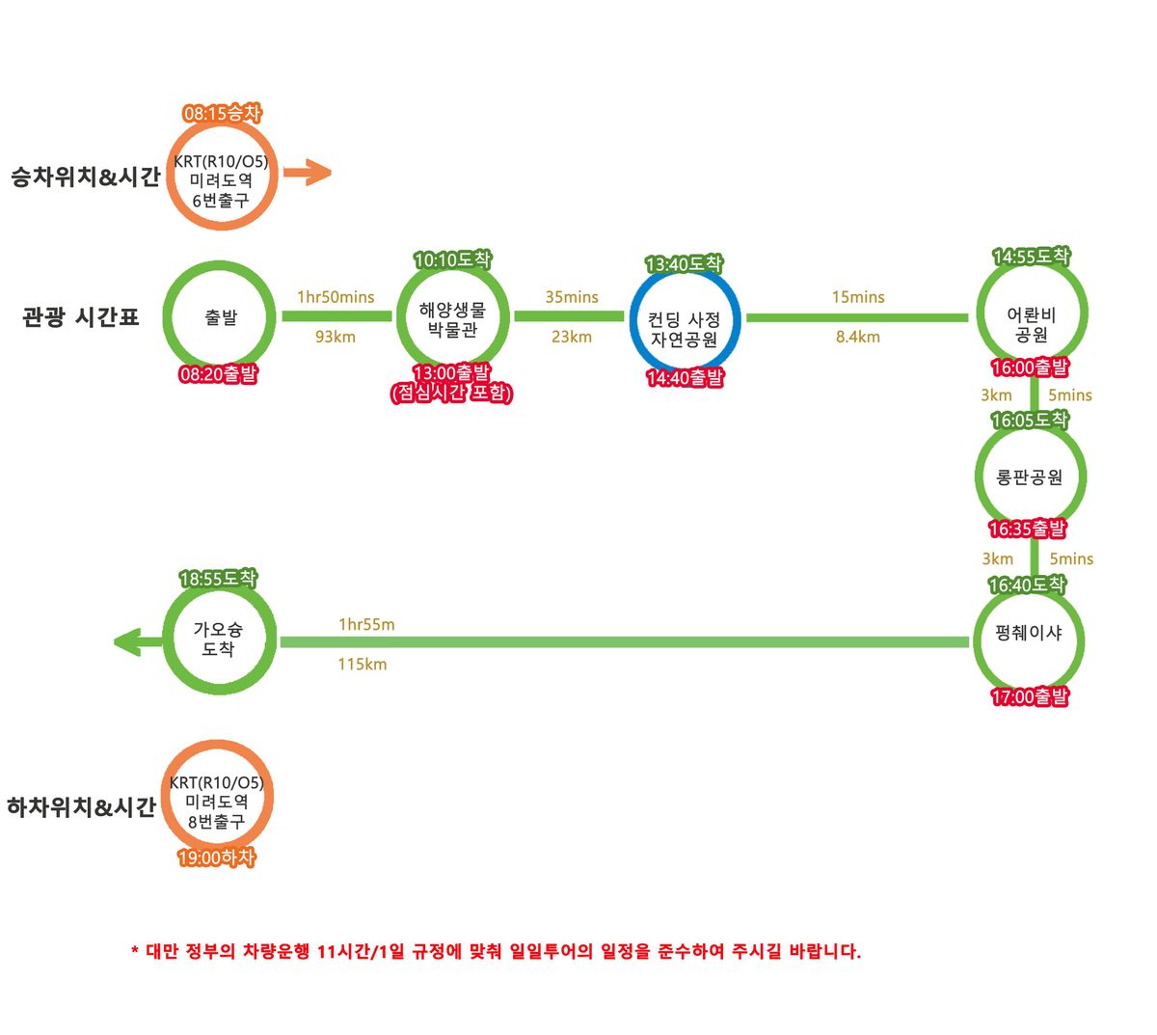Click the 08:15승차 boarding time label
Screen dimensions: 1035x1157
pos(222,114)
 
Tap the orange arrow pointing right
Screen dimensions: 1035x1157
pos(308,174)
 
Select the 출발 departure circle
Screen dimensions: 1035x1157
pos(221,317)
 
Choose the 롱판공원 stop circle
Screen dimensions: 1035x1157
pos(1030,477)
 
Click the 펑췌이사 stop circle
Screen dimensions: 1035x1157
pos(1029,634)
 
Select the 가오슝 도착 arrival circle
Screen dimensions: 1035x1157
pos(219,639)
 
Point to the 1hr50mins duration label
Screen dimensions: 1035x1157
pos(336,297)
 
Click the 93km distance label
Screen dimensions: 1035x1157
pos(336,337)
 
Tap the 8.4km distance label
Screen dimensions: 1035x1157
pos(858,337)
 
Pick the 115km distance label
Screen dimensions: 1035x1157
pos(363,664)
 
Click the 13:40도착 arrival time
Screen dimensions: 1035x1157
pos(684,263)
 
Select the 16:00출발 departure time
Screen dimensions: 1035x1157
pos(1030,368)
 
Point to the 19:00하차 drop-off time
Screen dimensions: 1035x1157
pos(217,858)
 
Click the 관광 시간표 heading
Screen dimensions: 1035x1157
pos(81,317)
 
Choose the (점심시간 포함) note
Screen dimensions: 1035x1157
pos(451,393)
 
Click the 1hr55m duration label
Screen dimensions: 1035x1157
pos(366,625)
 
